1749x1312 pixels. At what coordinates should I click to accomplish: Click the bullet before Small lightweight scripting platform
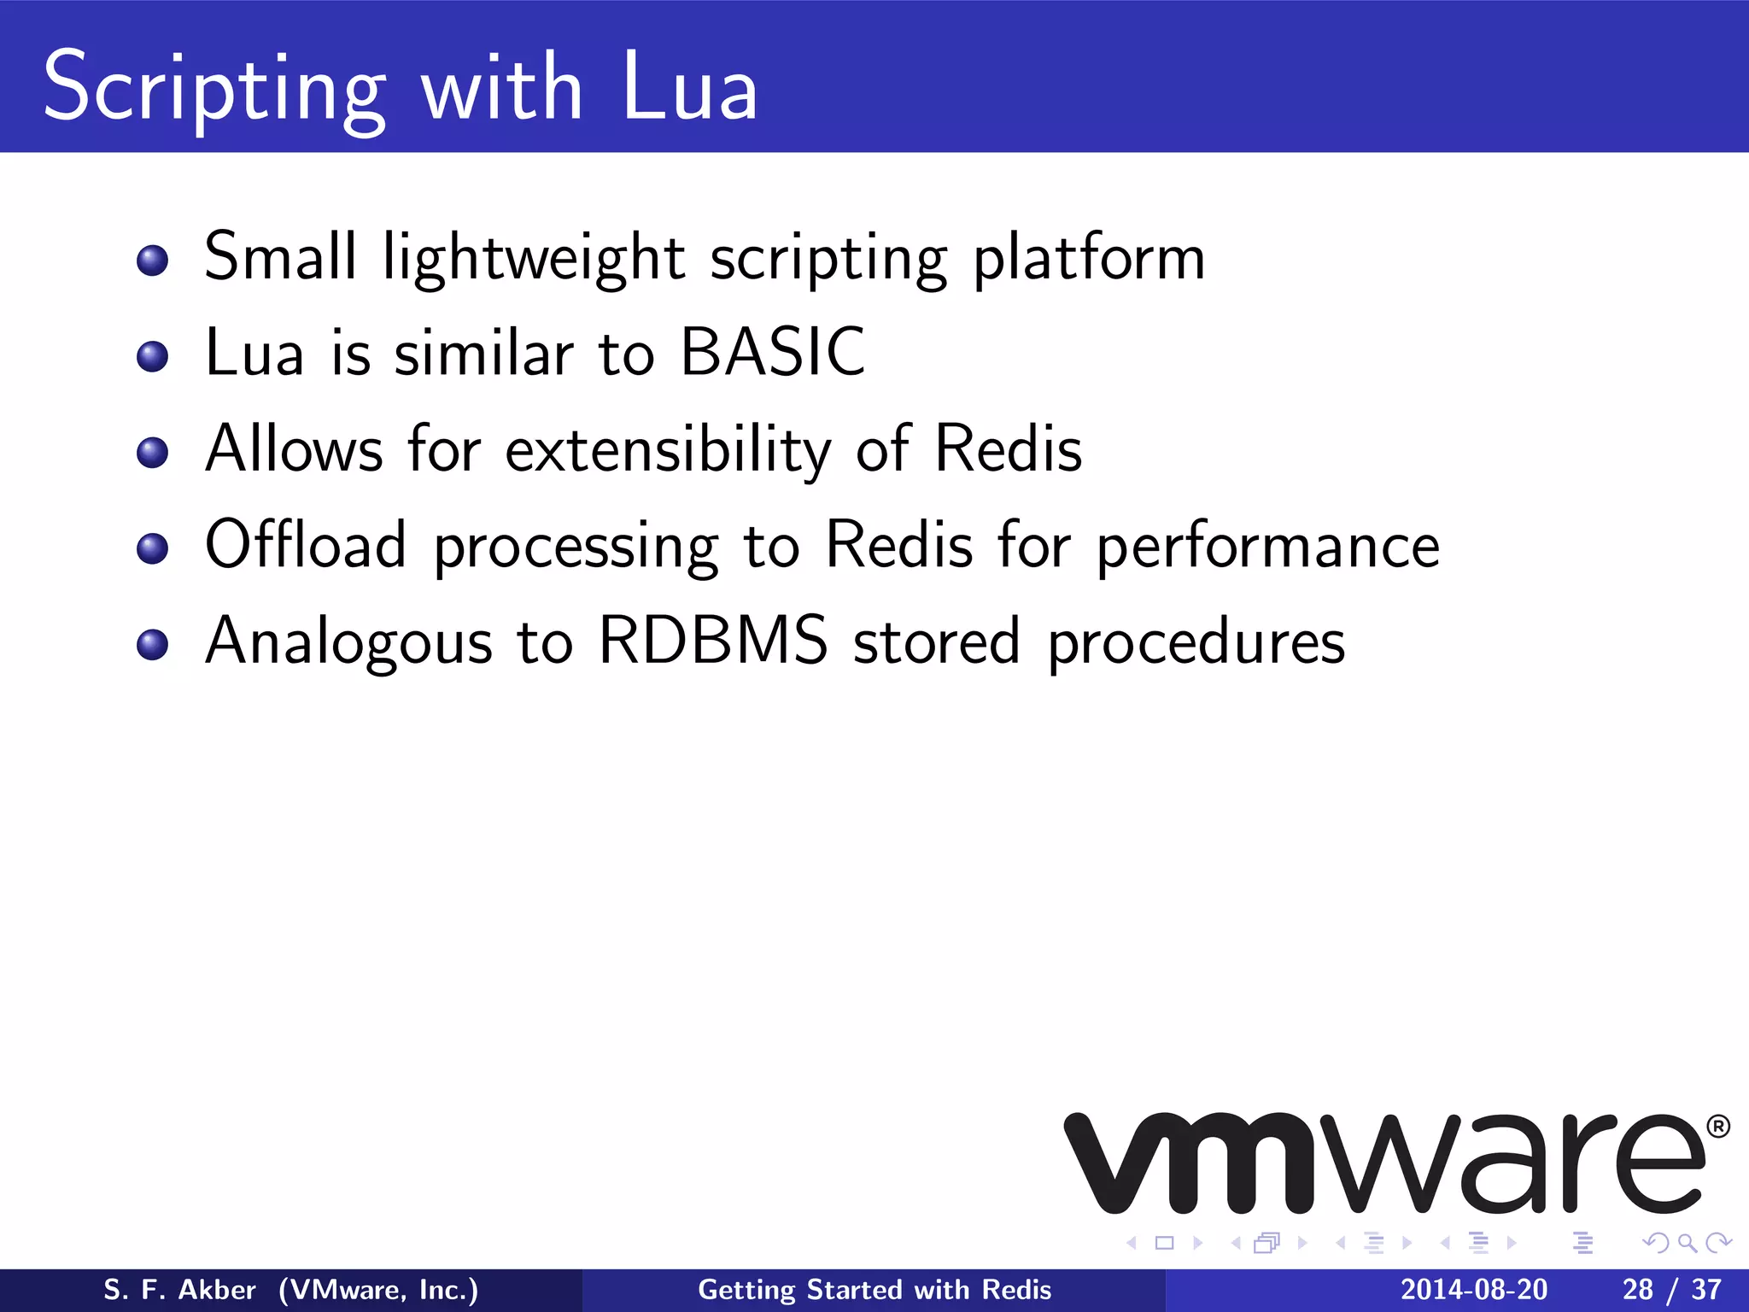(x=152, y=261)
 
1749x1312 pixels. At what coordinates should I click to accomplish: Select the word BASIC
(x=772, y=352)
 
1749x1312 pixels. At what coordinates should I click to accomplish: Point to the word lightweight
(x=533, y=258)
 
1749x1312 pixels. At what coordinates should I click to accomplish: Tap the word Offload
(x=305, y=544)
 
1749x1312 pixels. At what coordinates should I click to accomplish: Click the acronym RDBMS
(x=713, y=640)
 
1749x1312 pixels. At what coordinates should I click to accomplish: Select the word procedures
(x=1196, y=643)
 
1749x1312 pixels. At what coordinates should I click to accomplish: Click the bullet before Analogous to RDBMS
(x=152, y=644)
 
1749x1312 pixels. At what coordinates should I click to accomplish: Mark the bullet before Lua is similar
(x=152, y=356)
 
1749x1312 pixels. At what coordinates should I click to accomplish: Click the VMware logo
(x=1383, y=1163)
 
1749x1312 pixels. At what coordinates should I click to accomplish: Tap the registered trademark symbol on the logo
(x=1717, y=1127)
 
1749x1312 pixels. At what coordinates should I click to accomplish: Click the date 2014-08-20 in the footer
(x=1473, y=1290)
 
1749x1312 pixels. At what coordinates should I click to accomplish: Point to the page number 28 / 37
(x=1671, y=1290)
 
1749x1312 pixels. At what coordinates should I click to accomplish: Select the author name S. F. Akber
(x=179, y=1290)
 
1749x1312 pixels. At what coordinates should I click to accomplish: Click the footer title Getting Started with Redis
(x=874, y=1290)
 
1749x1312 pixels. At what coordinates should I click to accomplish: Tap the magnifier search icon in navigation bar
(x=1687, y=1243)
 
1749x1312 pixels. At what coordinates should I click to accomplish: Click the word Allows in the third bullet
(x=294, y=448)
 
